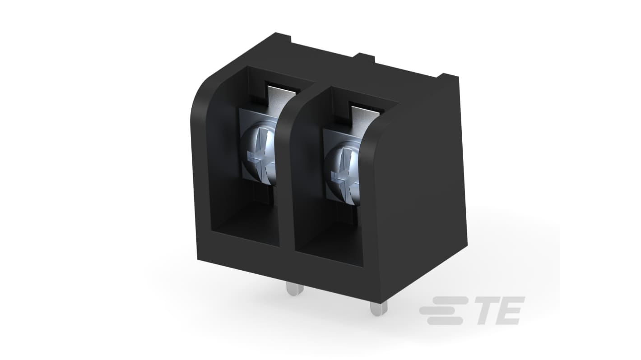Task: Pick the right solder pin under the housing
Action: coord(378,308)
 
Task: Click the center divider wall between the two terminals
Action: coord(286,180)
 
